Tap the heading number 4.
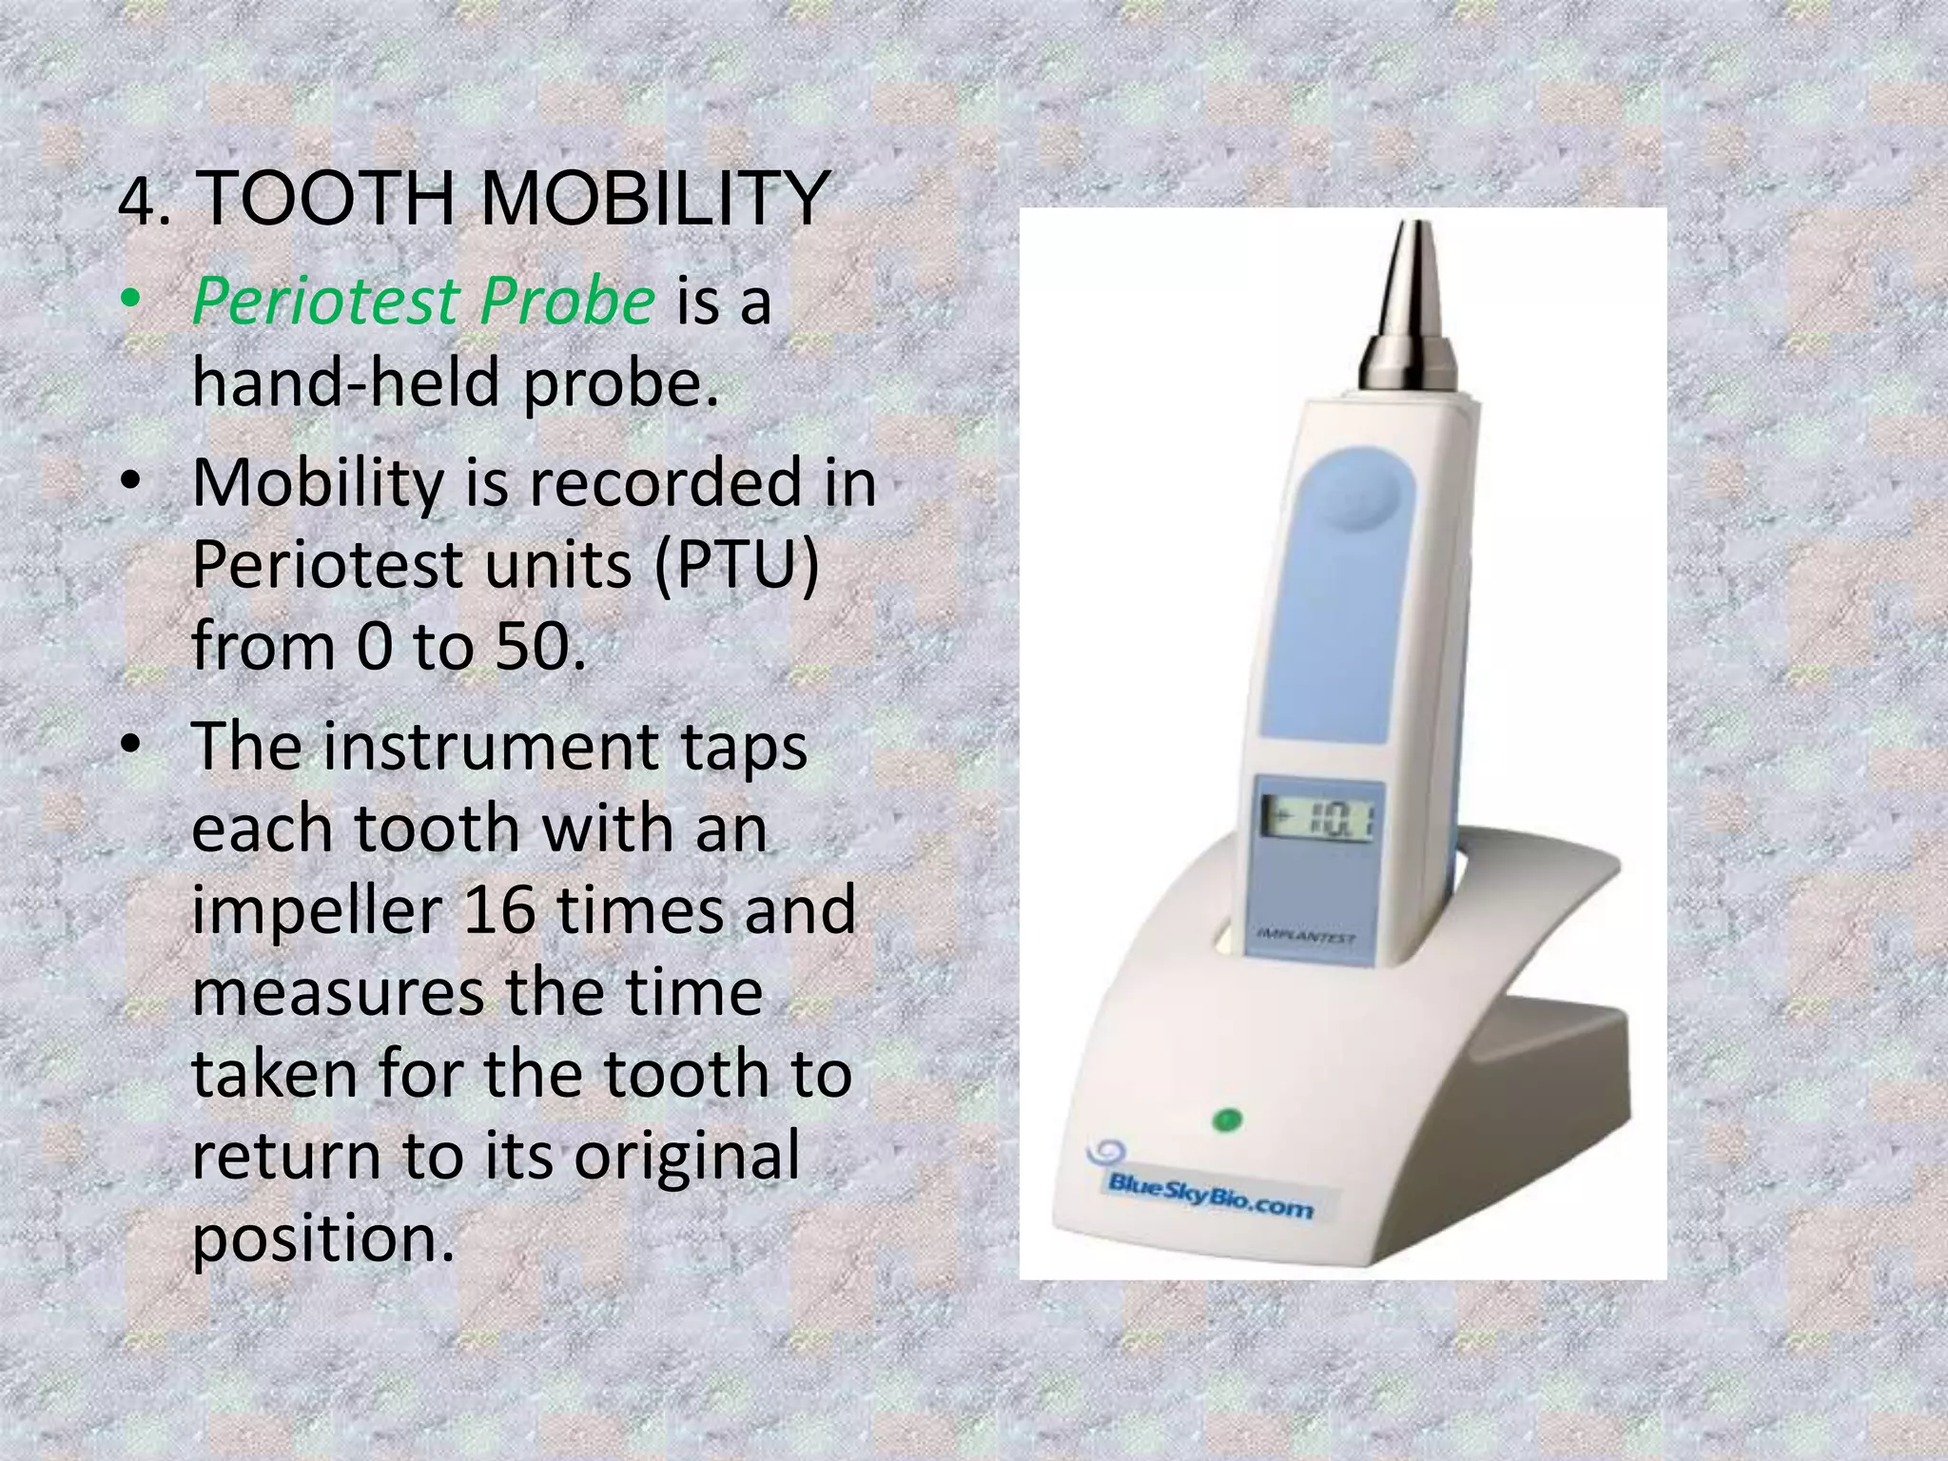(143, 203)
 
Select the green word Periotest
(326, 302)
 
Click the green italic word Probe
(567, 302)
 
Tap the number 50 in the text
(533, 647)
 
